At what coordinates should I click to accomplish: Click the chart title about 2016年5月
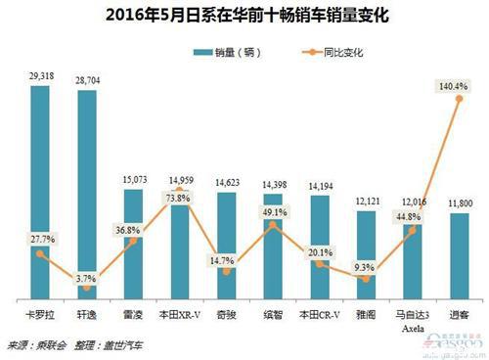coord(244,15)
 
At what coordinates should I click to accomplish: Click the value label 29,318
coord(40,74)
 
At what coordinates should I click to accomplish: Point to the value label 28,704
coord(87,77)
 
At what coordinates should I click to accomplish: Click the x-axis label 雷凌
coord(133,314)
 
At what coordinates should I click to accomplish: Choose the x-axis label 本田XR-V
coord(180,314)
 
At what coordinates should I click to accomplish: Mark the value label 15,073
coord(133,179)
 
